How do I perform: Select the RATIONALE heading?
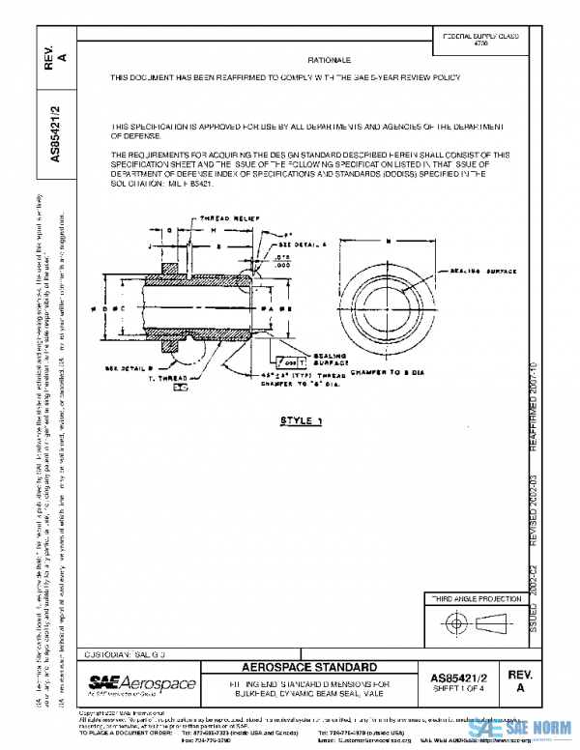[x=327, y=60]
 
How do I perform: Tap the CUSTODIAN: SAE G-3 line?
[x=127, y=654]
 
